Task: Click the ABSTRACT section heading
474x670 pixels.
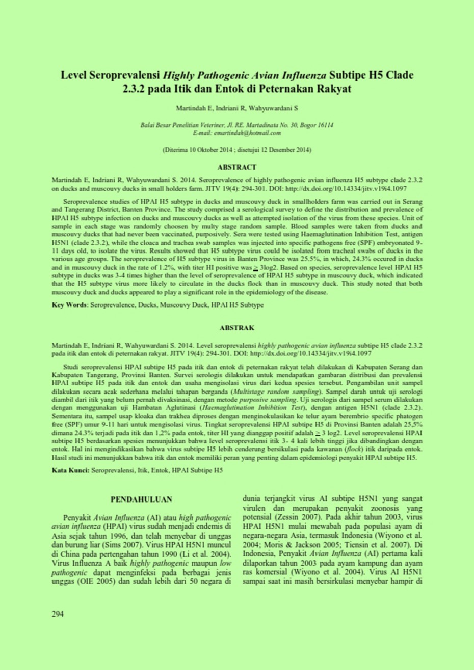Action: click(x=236, y=167)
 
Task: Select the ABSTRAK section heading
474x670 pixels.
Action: click(x=236, y=328)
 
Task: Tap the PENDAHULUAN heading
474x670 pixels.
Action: click(x=141, y=499)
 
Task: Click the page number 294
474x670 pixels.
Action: click(x=58, y=613)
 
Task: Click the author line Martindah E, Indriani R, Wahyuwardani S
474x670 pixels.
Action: click(x=236, y=108)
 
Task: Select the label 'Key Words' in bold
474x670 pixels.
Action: click(x=70, y=305)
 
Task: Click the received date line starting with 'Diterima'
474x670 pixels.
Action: click(x=236, y=150)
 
